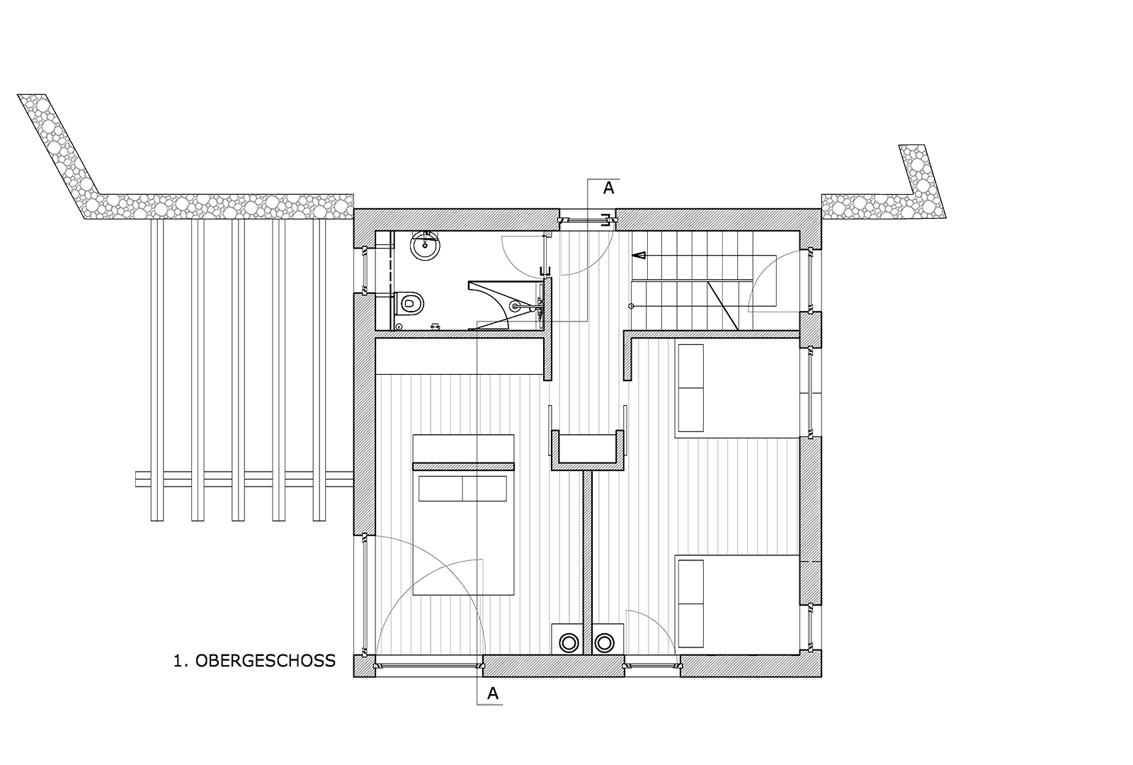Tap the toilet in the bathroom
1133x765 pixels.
[409, 303]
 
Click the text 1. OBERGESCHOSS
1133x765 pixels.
[254, 661]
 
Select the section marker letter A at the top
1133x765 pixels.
[608, 188]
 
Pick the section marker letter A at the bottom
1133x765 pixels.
[493, 694]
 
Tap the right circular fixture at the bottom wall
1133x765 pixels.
[603, 642]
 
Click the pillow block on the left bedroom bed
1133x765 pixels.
[462, 489]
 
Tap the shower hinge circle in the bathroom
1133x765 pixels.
[515, 307]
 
